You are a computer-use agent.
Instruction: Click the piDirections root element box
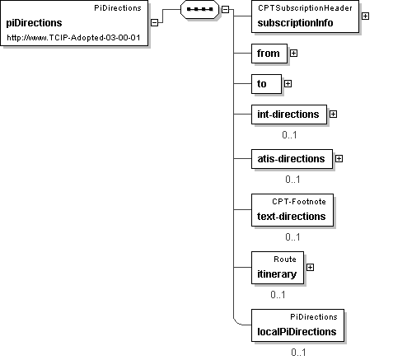pos(74,23)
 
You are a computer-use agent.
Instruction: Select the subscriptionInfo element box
pos(305,16)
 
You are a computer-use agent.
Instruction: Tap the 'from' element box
pos(269,54)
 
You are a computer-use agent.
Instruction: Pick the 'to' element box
pos(266,84)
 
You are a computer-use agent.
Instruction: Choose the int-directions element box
pos(289,115)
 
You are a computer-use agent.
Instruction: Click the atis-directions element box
pos(292,159)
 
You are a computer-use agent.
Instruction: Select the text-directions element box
pos(292,210)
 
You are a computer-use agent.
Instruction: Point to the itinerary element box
pos(278,268)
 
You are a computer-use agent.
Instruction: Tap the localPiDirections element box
pos(297,325)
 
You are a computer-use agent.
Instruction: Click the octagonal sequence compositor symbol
pos(199,9)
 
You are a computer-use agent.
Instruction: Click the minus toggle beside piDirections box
pos(155,23)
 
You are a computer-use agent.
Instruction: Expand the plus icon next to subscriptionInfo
pos(365,16)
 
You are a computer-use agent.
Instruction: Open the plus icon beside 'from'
pos(293,54)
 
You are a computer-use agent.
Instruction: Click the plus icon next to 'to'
pos(288,84)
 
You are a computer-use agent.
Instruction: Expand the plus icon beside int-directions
pos(333,115)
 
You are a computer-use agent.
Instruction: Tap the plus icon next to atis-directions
pos(339,159)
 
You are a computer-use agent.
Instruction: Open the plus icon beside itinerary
pos(310,268)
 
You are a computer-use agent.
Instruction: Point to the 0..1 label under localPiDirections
pos(298,353)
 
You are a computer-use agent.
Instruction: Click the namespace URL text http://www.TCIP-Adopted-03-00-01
pos(73,38)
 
